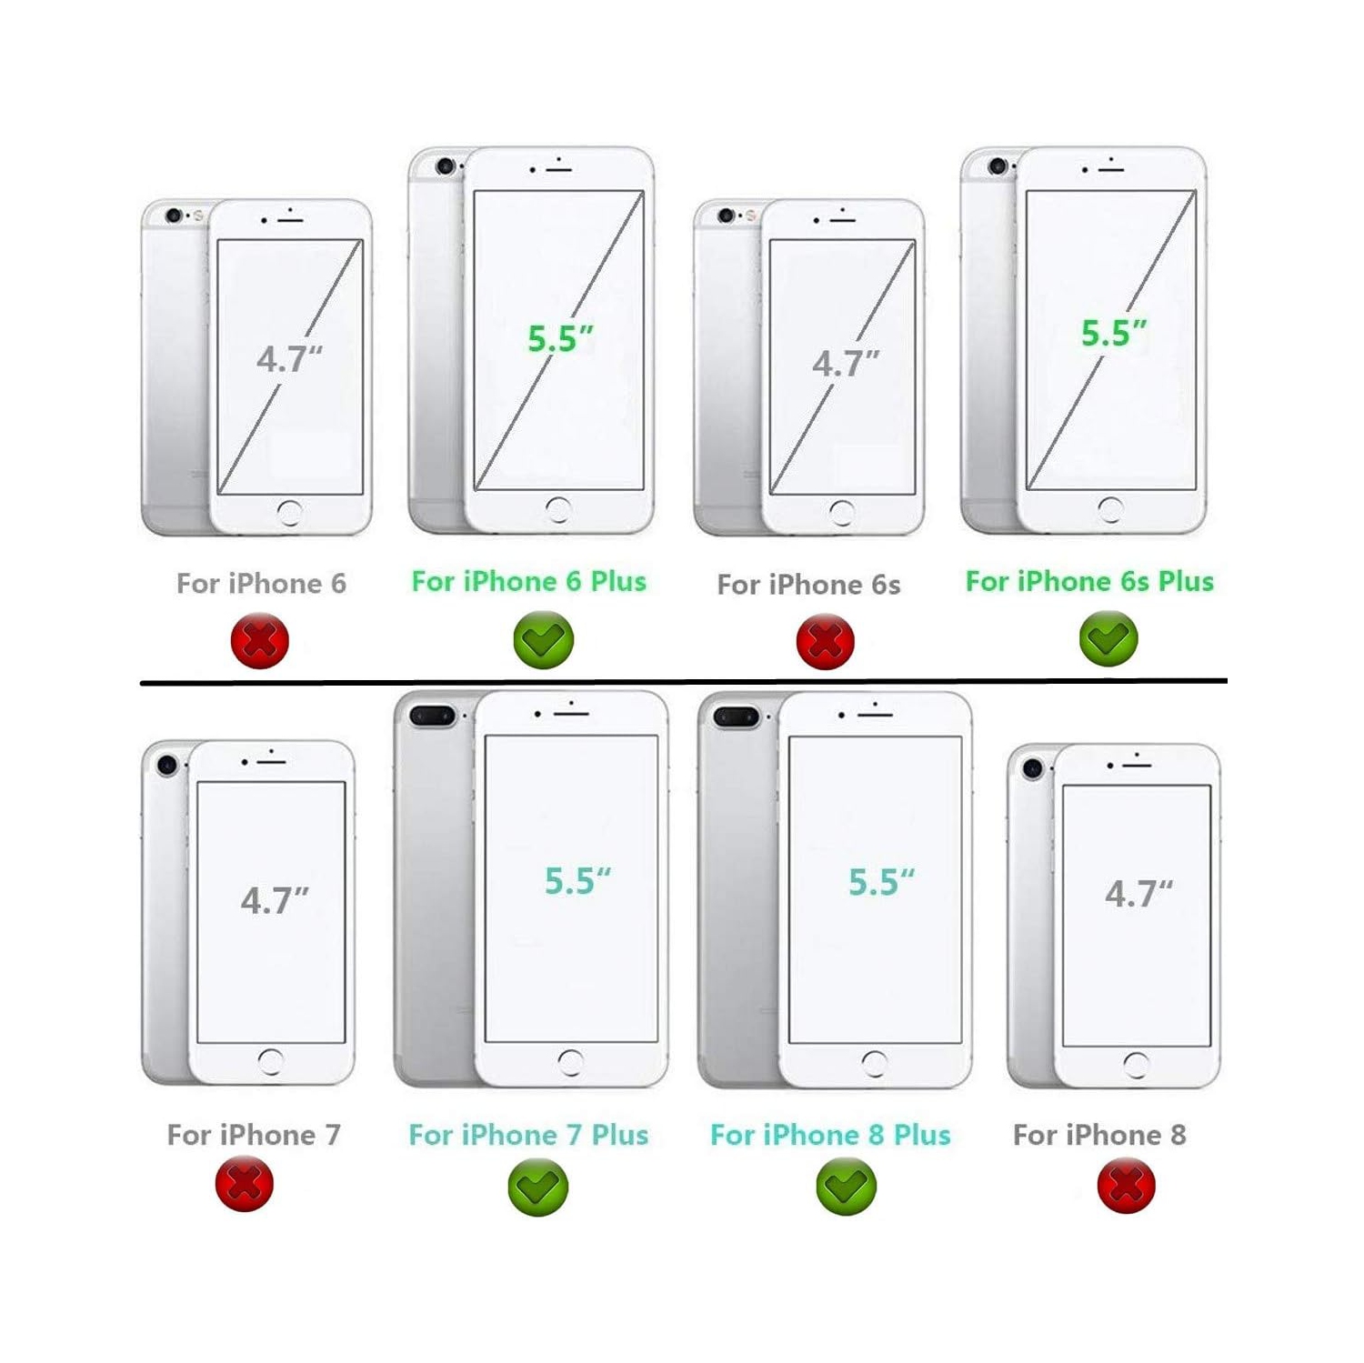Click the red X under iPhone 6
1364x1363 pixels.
(x=260, y=641)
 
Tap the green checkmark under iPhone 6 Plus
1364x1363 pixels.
(x=544, y=640)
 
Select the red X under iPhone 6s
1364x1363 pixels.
(x=825, y=641)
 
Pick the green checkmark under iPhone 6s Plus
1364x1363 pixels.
(x=1108, y=638)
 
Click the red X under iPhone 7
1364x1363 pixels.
(x=245, y=1184)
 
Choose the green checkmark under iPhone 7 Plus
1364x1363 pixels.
(x=538, y=1187)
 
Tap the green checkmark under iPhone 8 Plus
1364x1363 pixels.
(x=847, y=1187)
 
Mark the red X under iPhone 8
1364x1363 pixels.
(x=1127, y=1185)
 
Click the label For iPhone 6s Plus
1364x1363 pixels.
(x=1089, y=581)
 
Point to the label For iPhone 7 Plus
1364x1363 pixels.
(x=528, y=1135)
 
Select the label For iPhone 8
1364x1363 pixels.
(x=1099, y=1135)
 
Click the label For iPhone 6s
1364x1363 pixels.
(x=808, y=585)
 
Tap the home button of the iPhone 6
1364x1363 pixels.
(x=290, y=513)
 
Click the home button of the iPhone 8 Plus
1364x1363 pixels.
(x=875, y=1064)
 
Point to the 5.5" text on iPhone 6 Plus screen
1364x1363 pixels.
(x=560, y=339)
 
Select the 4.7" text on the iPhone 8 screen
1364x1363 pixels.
(x=1138, y=895)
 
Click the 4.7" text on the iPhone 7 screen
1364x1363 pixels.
(x=275, y=901)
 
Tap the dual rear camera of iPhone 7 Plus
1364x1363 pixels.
(x=432, y=717)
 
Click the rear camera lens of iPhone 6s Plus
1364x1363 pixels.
(x=998, y=166)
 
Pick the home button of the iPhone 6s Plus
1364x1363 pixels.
(x=1110, y=509)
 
